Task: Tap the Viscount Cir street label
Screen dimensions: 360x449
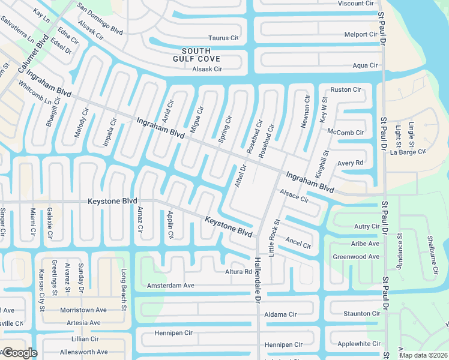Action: pos(355,4)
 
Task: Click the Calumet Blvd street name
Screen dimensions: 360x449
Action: pos(33,53)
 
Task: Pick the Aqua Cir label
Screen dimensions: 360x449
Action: pos(365,65)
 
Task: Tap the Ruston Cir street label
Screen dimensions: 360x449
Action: pos(346,89)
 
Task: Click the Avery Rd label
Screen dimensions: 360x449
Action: pos(351,163)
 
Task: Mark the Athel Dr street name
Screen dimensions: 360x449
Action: pos(241,176)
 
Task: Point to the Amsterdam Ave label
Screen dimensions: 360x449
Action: pos(170,286)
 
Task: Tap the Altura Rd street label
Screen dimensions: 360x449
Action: pos(239,272)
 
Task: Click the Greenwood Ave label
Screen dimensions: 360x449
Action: pos(356,257)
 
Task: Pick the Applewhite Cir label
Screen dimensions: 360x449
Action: pos(359,344)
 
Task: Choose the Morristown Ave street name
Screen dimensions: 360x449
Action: pos(83,310)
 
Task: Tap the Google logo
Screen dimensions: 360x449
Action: pos(19,352)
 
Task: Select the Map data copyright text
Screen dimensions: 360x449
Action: pos(423,355)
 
